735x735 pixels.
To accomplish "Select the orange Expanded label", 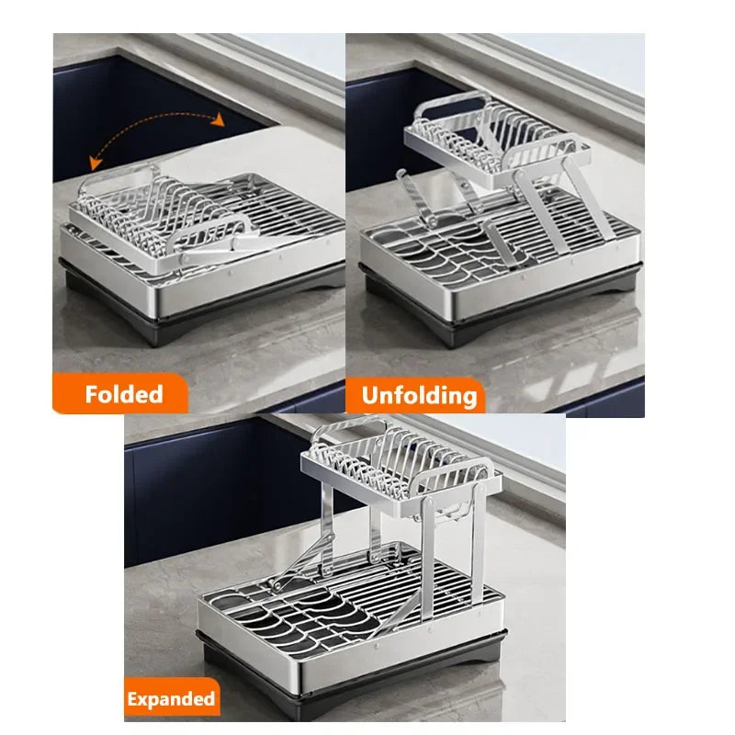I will pos(173,698).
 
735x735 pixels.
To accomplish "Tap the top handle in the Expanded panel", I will pos(348,431).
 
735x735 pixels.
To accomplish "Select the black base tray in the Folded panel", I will pos(202,317).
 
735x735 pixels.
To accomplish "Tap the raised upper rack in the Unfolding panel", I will pos(492,138).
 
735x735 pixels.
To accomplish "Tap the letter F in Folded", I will pos(92,394).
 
